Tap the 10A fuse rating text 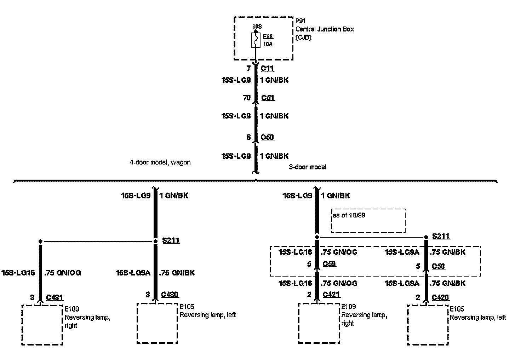(x=268, y=45)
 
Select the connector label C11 (x=267, y=69)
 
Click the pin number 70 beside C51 (x=247, y=98)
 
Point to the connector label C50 (x=267, y=137)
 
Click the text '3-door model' (x=308, y=167)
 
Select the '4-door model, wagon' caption (x=160, y=163)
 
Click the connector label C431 (x=55, y=298)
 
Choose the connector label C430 (x=170, y=294)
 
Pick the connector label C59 (x=329, y=264)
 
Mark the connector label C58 (x=438, y=266)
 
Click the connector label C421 (x=331, y=295)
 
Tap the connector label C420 (x=440, y=298)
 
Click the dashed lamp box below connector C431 (x=42, y=324)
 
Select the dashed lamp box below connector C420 (x=428, y=325)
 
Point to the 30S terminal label (x=257, y=26)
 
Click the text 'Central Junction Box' (x=324, y=29)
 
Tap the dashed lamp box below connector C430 (x=157, y=323)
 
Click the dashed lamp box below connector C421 (x=319, y=323)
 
